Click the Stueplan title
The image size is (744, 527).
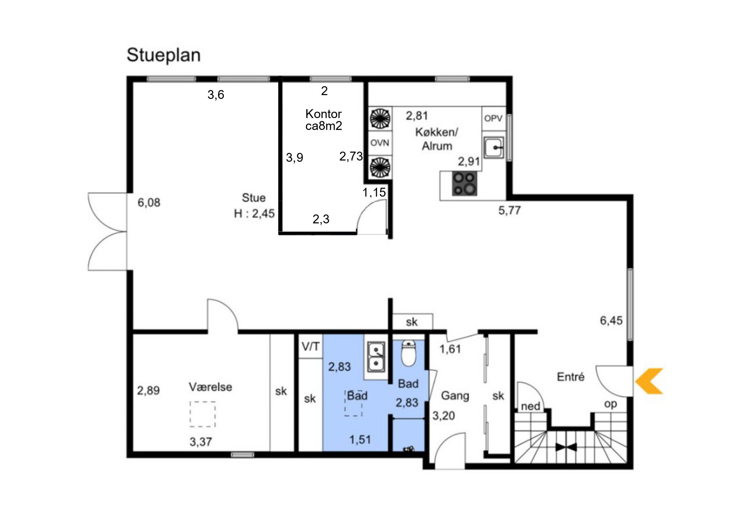(x=163, y=55)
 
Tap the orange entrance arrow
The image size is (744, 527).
(x=649, y=381)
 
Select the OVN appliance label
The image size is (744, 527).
(x=380, y=143)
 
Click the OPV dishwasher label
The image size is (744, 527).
(x=493, y=118)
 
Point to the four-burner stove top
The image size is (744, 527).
(x=464, y=183)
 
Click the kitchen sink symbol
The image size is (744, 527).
(x=494, y=148)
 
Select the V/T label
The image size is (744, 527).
(x=310, y=347)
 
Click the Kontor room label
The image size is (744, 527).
(x=324, y=114)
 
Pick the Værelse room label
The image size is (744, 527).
(x=210, y=387)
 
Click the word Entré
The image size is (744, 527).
(x=571, y=377)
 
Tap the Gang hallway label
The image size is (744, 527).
(x=455, y=396)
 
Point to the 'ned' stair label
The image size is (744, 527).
(x=530, y=406)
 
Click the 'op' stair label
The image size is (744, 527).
(x=610, y=404)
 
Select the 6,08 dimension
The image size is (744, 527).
(x=149, y=203)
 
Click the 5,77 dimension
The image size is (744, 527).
(x=509, y=210)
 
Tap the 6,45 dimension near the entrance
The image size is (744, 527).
(x=611, y=321)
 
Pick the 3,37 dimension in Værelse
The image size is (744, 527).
(x=201, y=442)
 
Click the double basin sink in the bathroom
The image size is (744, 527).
(x=376, y=357)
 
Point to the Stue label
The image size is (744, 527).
(x=254, y=198)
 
